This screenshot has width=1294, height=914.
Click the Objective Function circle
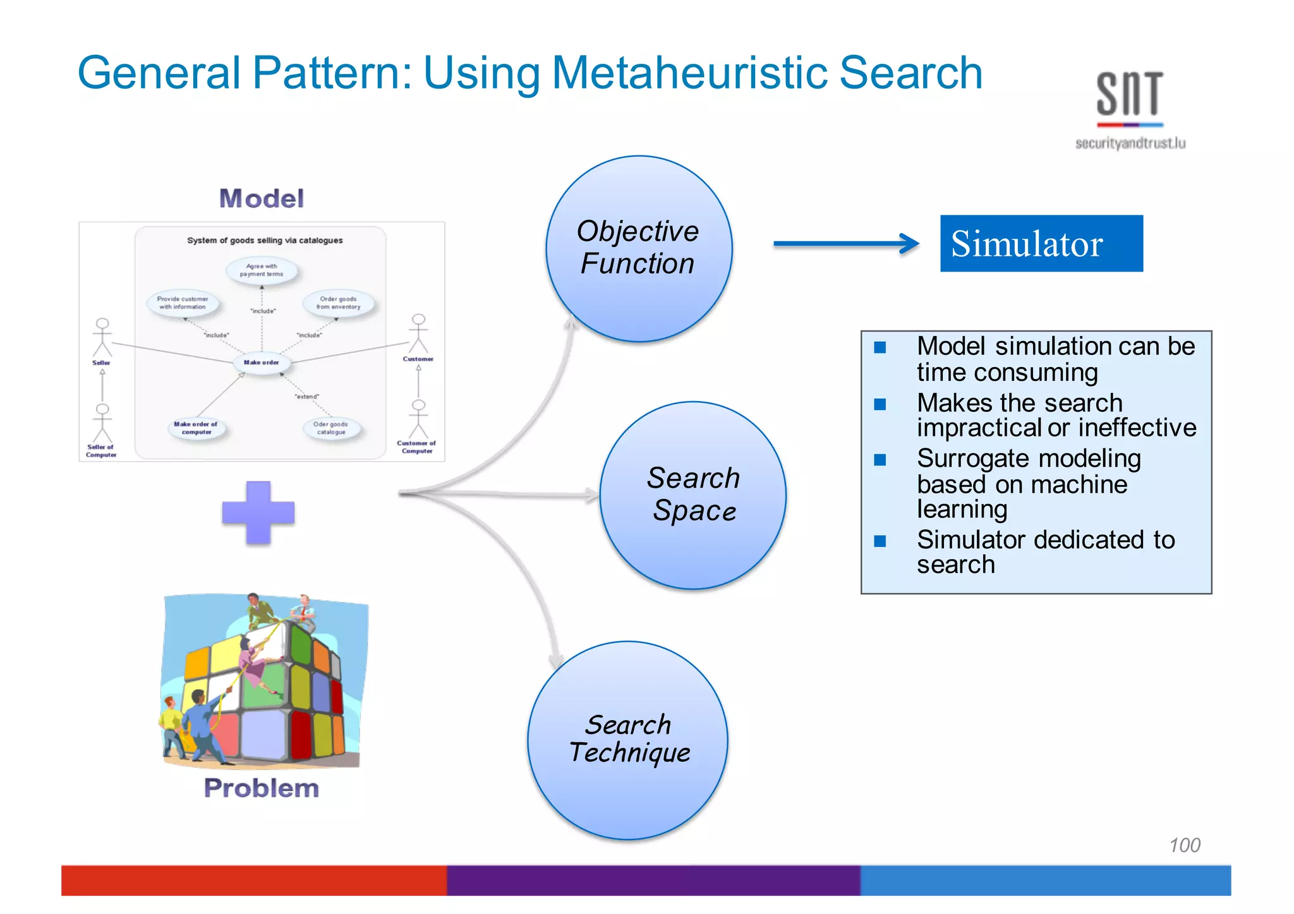coord(639,249)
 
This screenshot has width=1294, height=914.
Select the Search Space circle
coord(693,495)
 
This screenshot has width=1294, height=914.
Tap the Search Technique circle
coord(627,740)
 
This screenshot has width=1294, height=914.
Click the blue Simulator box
coord(1041,243)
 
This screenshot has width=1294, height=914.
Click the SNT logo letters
coord(1129,94)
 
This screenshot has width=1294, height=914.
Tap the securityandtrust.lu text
coord(1130,143)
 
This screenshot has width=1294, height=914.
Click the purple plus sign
coord(258,512)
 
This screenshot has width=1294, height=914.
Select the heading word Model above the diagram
coord(261,198)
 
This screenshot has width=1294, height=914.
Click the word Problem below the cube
coord(261,788)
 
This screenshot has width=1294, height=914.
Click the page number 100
coord(1184,845)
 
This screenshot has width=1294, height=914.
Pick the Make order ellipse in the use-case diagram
coord(262,363)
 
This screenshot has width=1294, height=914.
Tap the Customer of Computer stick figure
coord(418,419)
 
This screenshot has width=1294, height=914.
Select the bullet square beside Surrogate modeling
coord(880,460)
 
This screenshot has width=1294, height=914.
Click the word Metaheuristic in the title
coord(689,73)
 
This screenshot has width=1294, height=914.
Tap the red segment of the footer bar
coord(253,880)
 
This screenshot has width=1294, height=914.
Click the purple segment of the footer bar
coord(653,880)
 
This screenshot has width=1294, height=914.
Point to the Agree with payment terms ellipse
coord(262,270)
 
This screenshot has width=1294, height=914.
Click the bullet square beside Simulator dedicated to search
coord(880,541)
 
